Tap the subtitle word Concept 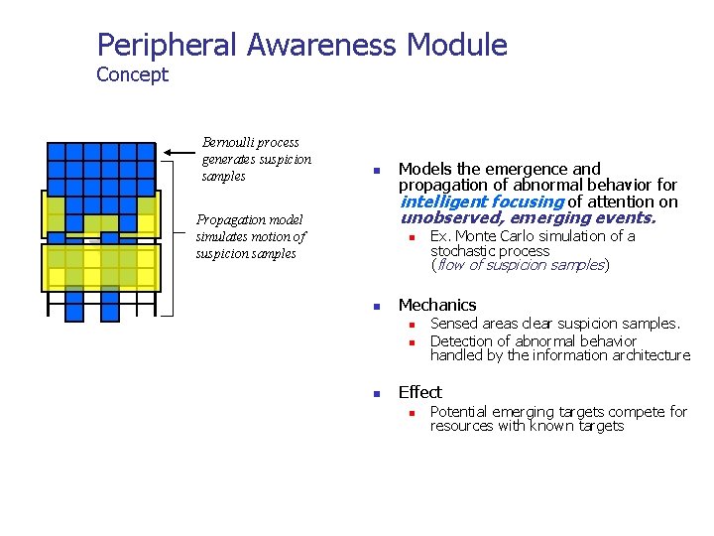(132, 74)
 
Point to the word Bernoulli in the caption (228, 143)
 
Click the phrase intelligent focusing (481, 201)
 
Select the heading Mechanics (436, 305)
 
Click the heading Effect (419, 392)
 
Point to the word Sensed (453, 324)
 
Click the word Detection (463, 340)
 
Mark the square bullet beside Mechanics (376, 307)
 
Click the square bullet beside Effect (376, 394)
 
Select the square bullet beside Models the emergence (376, 171)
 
